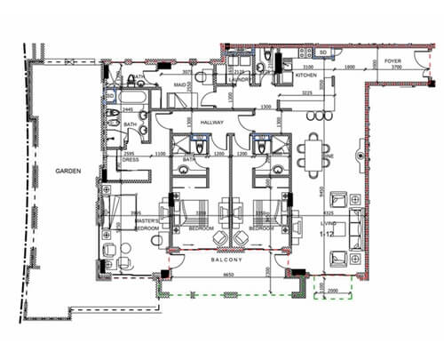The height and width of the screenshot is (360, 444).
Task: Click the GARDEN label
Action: click(67, 170)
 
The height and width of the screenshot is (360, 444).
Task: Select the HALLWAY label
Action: click(211, 123)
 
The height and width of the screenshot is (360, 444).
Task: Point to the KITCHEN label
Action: click(307, 76)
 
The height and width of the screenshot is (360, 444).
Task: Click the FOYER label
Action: click(392, 60)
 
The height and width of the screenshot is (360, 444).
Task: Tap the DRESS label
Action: click(131, 160)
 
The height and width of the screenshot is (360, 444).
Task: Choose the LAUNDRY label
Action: click(241, 78)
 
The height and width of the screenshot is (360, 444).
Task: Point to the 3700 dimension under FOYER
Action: click(396, 68)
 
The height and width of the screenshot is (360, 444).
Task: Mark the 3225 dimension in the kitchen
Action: click(306, 92)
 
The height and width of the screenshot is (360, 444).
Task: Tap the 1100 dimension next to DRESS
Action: click(161, 155)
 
